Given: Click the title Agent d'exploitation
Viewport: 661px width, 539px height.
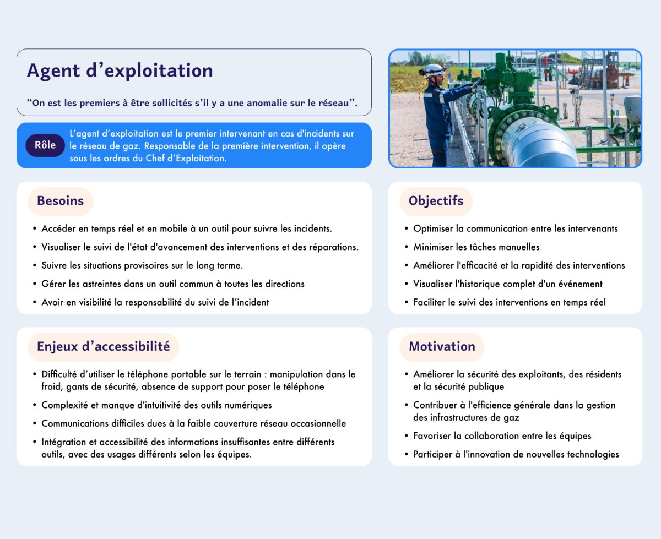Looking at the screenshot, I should (120, 70).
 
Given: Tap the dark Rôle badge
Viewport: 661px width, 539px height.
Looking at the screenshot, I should (45, 145).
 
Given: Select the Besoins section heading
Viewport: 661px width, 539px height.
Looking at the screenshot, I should (61, 201).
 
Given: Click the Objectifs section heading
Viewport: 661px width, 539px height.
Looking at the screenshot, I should (436, 201).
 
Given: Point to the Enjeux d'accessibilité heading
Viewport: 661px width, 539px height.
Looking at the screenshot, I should (103, 346).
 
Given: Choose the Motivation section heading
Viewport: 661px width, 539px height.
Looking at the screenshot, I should (442, 346).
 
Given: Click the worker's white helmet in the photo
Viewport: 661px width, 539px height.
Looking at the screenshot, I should (435, 70).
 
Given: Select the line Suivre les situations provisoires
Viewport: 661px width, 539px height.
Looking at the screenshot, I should (142, 265).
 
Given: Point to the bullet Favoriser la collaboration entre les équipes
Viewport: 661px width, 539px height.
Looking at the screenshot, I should (502, 436).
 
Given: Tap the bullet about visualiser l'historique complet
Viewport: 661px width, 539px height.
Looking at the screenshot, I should (507, 284).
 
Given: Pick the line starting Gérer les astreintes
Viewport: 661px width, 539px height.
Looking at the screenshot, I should (172, 284).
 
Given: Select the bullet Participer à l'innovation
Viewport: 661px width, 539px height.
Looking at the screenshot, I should (516, 454).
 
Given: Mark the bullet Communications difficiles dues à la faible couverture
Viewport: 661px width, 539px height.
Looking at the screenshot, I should (193, 423).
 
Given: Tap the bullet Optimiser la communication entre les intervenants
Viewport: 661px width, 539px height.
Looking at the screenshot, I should (515, 228).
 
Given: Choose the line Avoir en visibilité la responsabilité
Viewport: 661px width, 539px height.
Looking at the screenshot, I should (155, 302).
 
